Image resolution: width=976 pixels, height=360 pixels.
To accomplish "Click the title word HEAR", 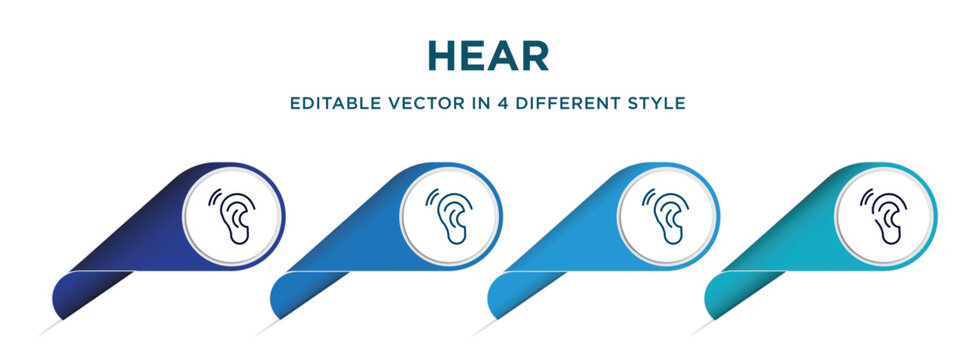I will (488, 56).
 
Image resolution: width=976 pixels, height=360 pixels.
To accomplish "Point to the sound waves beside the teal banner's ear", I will (868, 197).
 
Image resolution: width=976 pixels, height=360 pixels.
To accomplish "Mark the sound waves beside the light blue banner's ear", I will (650, 197).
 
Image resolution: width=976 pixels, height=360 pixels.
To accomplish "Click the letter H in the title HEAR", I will (441, 56).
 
